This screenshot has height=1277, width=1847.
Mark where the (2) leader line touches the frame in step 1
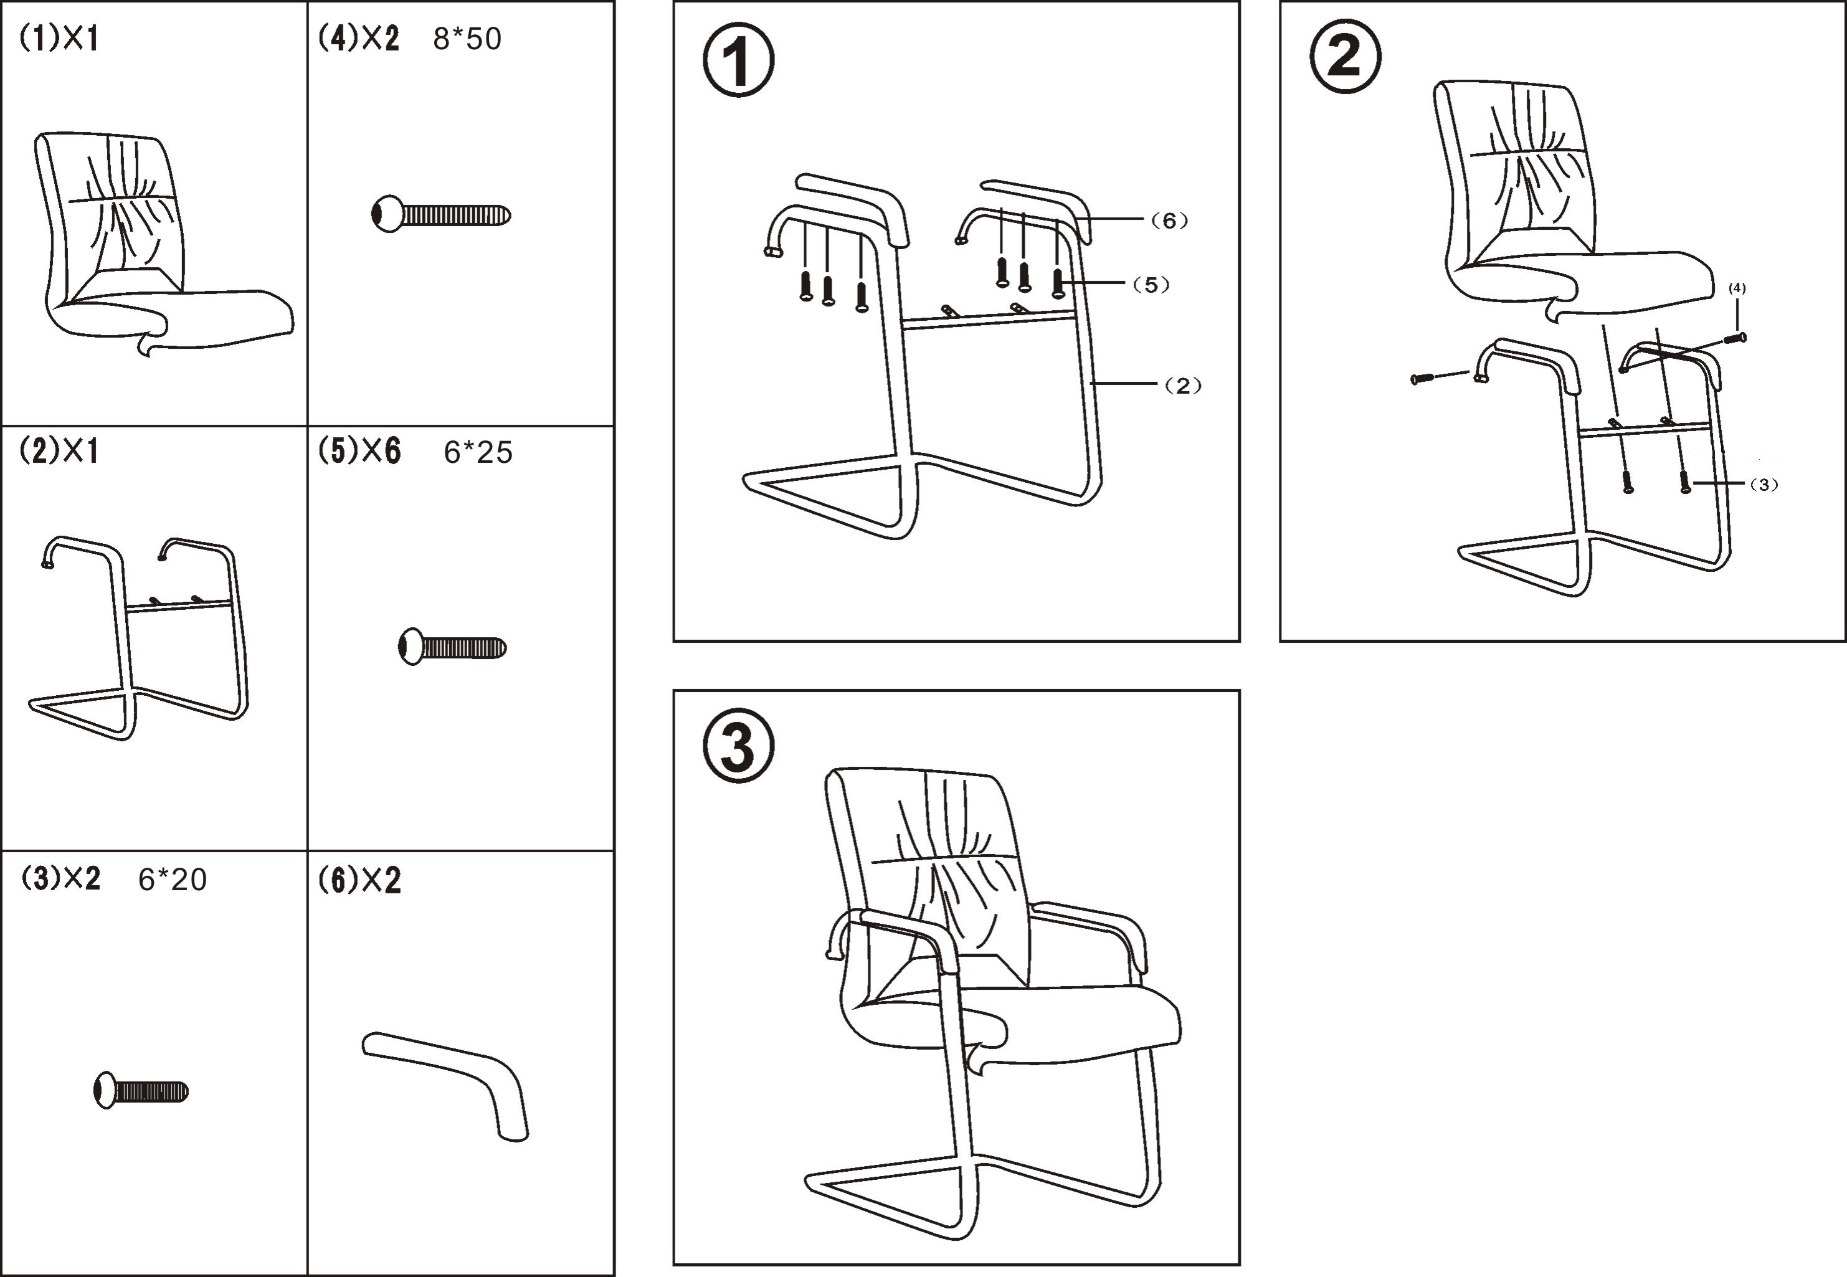(x=1093, y=385)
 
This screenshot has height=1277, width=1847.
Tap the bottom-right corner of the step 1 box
(x=1239, y=640)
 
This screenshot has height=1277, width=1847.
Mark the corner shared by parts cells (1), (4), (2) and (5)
(x=308, y=425)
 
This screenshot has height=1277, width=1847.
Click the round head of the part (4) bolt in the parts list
(x=387, y=214)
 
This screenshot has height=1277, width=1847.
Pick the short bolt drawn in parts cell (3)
(x=141, y=1091)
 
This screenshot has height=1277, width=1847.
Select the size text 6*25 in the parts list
(x=478, y=453)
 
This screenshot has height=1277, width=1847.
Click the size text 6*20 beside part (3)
(x=172, y=880)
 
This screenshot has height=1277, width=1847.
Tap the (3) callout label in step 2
(x=1764, y=484)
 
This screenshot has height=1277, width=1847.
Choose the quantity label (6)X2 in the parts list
(x=359, y=881)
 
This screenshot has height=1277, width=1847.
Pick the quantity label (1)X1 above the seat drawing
(x=59, y=39)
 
